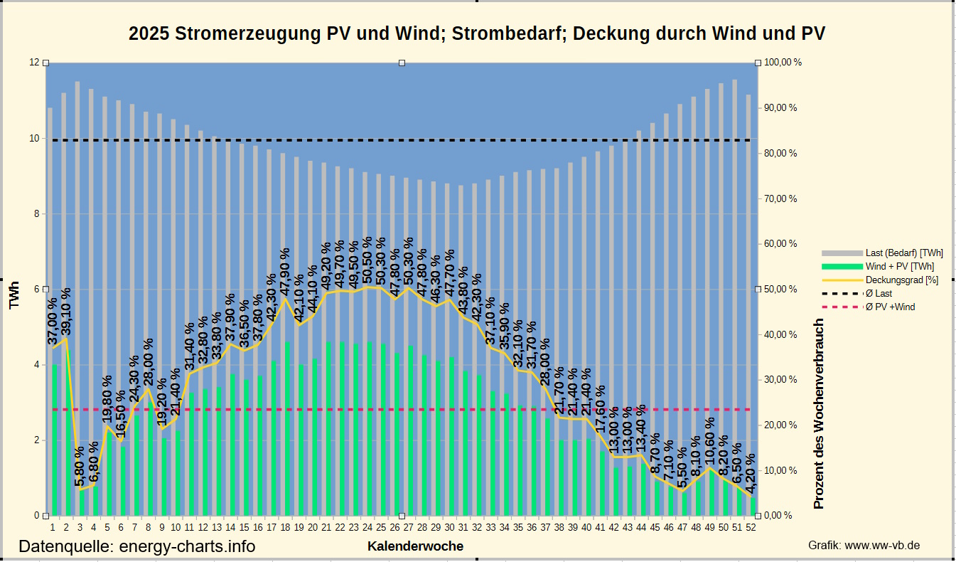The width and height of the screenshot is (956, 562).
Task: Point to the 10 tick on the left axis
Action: (x=33, y=138)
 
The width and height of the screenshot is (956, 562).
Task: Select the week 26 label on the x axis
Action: (x=394, y=527)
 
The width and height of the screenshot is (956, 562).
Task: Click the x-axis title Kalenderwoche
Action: (x=415, y=546)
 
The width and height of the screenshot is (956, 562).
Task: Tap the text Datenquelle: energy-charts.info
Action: (x=136, y=546)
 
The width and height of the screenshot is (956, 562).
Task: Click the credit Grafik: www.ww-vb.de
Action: (x=864, y=545)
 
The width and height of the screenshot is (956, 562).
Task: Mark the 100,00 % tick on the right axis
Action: (x=783, y=63)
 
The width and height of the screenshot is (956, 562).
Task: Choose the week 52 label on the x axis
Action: (x=751, y=527)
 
